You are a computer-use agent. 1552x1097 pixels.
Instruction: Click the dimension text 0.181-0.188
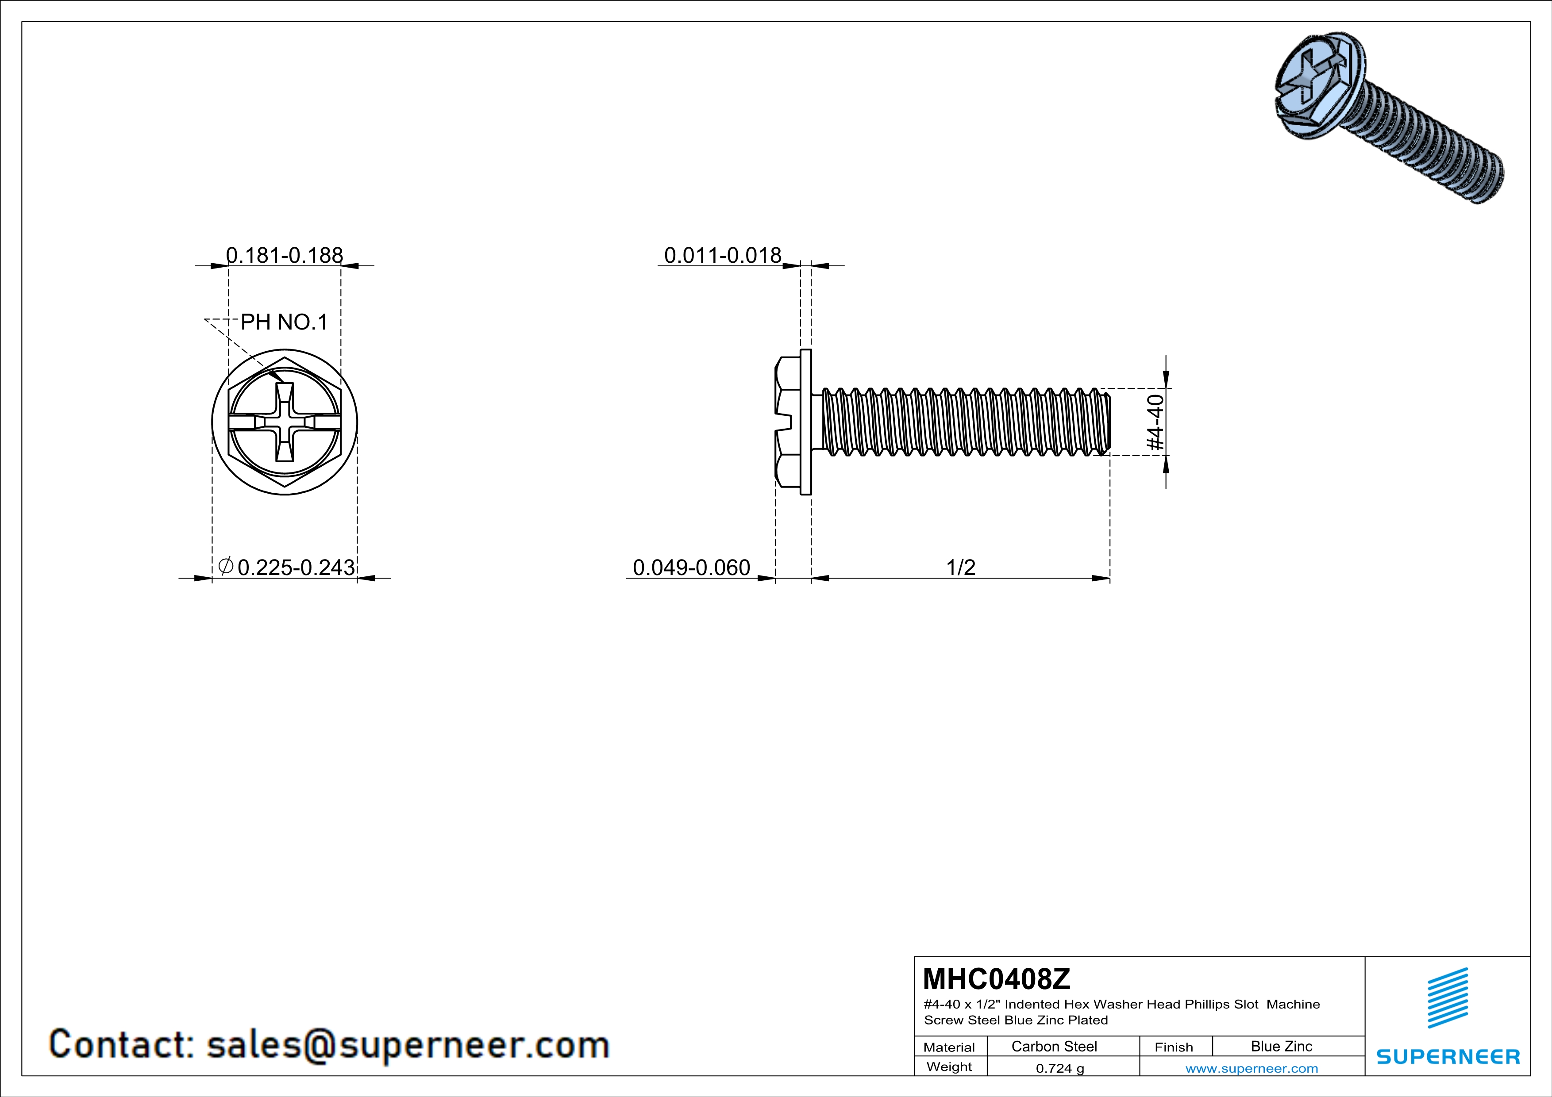point(285,255)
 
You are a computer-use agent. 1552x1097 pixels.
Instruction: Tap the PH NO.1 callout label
point(284,322)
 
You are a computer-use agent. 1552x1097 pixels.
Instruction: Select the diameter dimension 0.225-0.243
point(287,567)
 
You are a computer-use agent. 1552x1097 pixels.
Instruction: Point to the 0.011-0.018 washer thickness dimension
point(723,255)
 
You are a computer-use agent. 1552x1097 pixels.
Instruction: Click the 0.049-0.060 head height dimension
point(692,567)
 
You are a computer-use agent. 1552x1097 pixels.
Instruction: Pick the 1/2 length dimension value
point(960,567)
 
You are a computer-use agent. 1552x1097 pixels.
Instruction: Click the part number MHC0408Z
point(996,979)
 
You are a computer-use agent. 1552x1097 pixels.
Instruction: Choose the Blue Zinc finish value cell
point(1282,1046)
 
